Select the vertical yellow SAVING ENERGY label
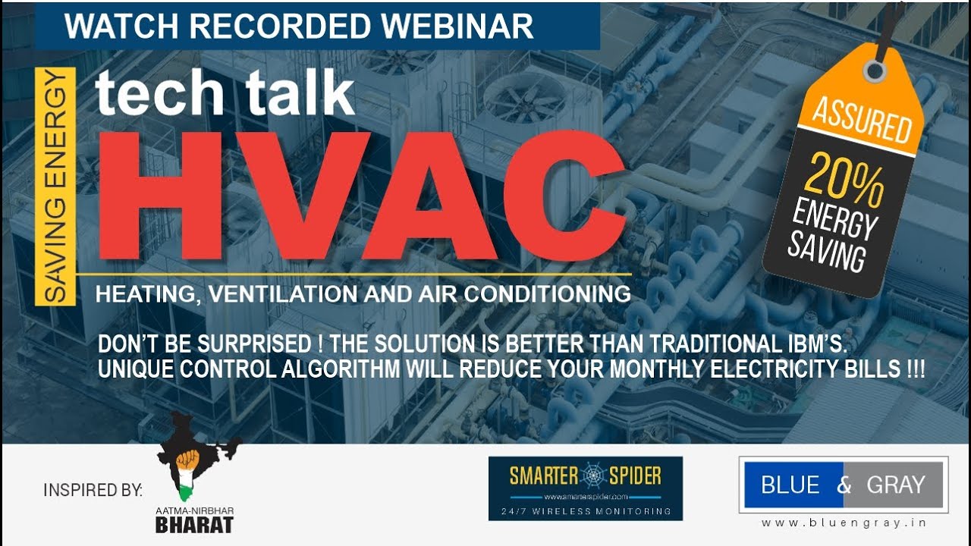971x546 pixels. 55,186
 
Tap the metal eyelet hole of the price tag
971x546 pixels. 875,71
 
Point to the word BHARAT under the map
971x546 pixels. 194,525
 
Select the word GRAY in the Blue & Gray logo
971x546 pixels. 894,485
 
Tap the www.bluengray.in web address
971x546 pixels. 844,523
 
